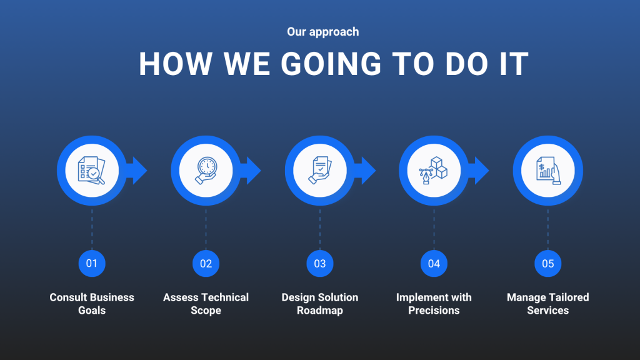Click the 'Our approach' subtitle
(x=323, y=32)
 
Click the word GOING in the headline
(x=331, y=64)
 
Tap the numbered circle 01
(x=92, y=264)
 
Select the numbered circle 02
(x=206, y=264)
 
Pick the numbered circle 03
(x=320, y=264)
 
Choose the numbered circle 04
(x=434, y=264)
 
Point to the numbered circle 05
(x=547, y=264)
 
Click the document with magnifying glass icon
(x=92, y=170)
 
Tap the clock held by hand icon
(x=206, y=171)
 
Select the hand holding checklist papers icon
(x=320, y=170)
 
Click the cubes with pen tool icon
(x=434, y=170)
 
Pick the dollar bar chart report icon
(x=548, y=171)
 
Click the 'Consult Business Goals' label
(x=92, y=304)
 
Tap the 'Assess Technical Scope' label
(x=206, y=304)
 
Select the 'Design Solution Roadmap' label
(x=320, y=304)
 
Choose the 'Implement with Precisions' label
(x=434, y=304)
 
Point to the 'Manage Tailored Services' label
(x=547, y=304)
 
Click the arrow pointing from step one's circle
(x=137, y=171)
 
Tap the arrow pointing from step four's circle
(x=479, y=171)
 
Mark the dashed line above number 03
(x=320, y=229)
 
